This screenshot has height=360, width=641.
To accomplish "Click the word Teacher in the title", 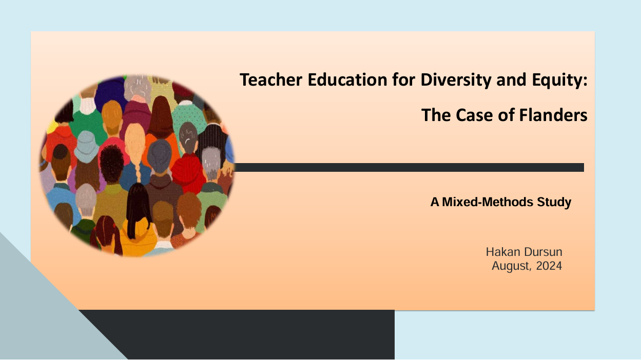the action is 271,79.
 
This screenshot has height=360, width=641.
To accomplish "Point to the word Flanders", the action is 553,115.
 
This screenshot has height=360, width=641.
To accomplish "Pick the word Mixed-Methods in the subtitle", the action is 488,202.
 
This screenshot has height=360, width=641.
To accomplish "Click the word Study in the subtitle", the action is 554,203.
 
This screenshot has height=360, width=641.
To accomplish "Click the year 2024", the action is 549,266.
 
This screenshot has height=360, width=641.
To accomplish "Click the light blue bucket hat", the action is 86,147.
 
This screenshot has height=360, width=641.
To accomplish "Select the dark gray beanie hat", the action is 160,155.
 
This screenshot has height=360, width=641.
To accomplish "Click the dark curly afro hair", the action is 111,163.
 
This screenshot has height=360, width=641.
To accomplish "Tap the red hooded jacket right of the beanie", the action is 188,173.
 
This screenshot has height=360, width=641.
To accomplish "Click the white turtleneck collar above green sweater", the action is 87,106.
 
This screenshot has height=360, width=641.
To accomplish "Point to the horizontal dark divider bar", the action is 409,168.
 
